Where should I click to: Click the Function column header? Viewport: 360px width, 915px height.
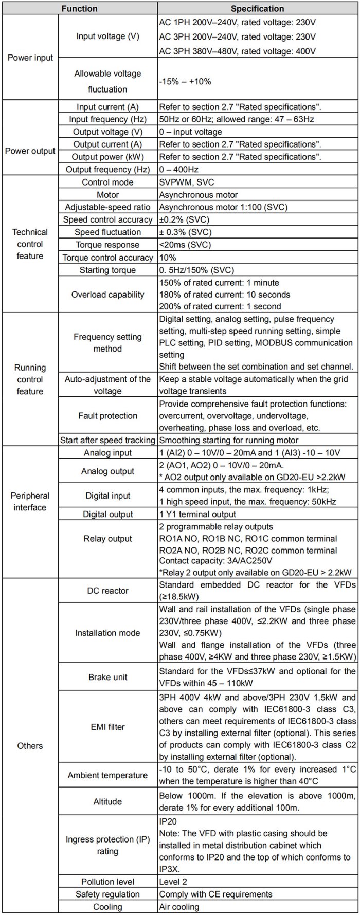[79, 9]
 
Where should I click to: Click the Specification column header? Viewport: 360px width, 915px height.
[257, 9]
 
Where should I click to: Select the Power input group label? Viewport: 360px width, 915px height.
[30, 58]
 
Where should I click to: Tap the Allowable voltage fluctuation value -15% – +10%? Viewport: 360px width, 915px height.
[185, 81]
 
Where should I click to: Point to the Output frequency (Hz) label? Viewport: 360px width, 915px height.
[107, 169]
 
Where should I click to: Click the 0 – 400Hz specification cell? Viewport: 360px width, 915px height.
[179, 169]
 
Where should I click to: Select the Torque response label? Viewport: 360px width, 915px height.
[107, 245]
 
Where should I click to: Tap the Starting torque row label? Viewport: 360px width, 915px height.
[107, 270]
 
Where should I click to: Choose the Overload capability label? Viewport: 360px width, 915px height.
[107, 295]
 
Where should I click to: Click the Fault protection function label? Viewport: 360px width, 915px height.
[107, 415]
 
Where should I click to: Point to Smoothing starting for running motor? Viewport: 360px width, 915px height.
[228, 440]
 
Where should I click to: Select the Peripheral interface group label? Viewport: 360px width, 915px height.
[30, 502]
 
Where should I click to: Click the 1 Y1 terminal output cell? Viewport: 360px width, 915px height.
[197, 514]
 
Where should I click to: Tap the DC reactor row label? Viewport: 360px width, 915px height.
[107, 591]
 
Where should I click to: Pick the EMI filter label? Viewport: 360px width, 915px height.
[107, 727]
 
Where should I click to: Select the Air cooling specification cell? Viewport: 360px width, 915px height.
[179, 907]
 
